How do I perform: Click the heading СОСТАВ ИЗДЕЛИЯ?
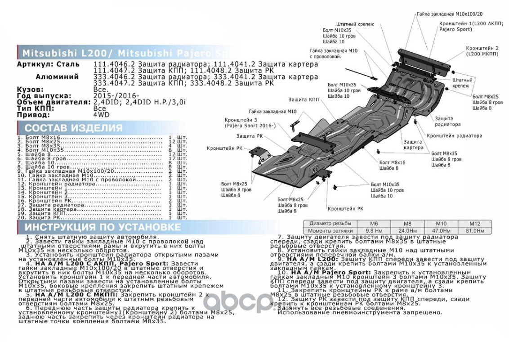coord(73,128)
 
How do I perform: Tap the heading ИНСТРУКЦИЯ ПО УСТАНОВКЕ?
coord(103,227)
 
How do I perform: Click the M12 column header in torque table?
coord(475,223)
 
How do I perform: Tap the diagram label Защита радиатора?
coord(447,121)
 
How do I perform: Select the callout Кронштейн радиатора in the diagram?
coord(454,135)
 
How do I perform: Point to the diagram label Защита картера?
coord(413,144)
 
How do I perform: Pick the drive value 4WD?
coord(101,115)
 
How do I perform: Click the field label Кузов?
coord(31,90)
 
